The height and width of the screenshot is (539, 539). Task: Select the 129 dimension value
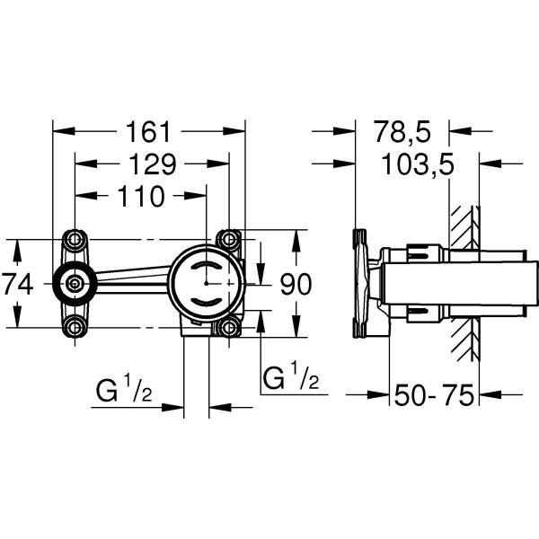click(150, 163)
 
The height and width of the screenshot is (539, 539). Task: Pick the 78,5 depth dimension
click(402, 131)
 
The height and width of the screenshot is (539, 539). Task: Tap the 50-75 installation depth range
click(434, 394)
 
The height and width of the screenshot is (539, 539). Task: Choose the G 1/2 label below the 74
click(124, 393)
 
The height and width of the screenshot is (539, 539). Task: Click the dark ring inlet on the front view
click(75, 285)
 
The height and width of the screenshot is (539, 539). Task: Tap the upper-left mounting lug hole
click(75, 242)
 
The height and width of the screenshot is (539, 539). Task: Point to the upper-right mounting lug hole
click(230, 241)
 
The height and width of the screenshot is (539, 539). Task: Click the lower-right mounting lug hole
click(230, 327)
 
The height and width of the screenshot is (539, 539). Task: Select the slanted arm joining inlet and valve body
click(132, 278)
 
